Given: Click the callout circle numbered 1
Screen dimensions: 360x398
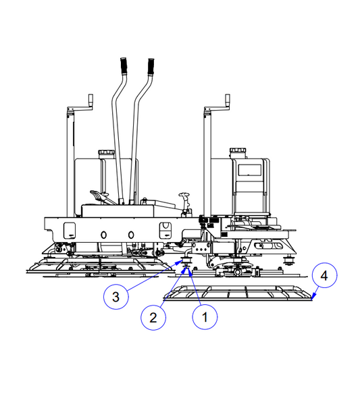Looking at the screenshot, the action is (x=205, y=317).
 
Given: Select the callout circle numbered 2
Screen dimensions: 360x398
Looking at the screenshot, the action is (x=153, y=318).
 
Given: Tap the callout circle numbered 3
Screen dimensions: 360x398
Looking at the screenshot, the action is (x=116, y=297).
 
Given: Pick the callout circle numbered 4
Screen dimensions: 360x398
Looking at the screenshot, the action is (x=324, y=275).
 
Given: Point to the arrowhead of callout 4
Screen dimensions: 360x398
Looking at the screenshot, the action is (x=313, y=297).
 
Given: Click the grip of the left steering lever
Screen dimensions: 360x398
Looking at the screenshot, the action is (x=124, y=65).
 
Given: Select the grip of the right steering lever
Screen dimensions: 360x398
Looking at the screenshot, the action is (x=151, y=67).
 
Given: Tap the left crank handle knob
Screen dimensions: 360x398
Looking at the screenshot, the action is (x=91, y=98).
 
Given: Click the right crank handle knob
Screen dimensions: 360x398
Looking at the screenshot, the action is (x=228, y=98).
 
